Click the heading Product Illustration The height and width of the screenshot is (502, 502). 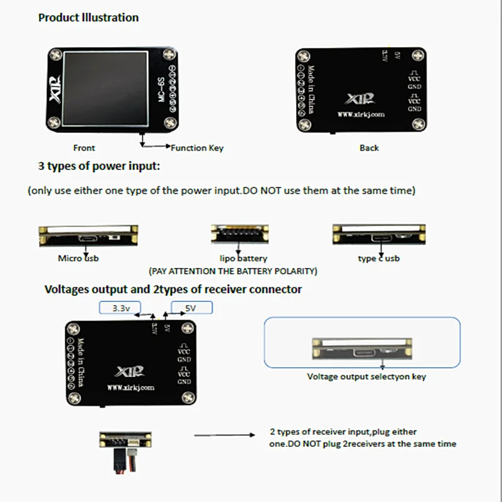click(x=88, y=18)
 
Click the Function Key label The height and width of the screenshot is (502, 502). click(x=197, y=148)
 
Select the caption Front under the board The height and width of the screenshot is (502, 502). click(x=84, y=148)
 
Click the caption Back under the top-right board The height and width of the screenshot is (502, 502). click(x=369, y=148)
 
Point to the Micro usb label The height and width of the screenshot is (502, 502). click(x=78, y=258)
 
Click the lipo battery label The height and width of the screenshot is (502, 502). click(x=243, y=258)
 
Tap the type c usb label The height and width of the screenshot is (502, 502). click(x=378, y=258)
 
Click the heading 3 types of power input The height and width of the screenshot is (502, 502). click(x=100, y=167)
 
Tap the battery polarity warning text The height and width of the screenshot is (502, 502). click(x=233, y=271)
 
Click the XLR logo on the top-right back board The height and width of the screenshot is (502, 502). click(x=361, y=99)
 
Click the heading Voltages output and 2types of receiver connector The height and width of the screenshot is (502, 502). click(x=173, y=289)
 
